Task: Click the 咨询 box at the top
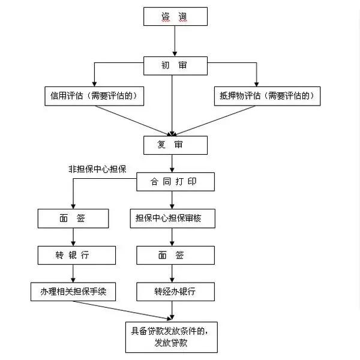point(175,16)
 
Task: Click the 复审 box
point(175,145)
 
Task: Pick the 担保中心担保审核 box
point(173,218)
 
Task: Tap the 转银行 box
point(73,255)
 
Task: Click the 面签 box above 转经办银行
point(173,255)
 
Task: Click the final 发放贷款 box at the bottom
point(171,336)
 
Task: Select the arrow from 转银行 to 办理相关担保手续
point(73,274)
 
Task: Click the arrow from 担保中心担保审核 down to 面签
point(173,237)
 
